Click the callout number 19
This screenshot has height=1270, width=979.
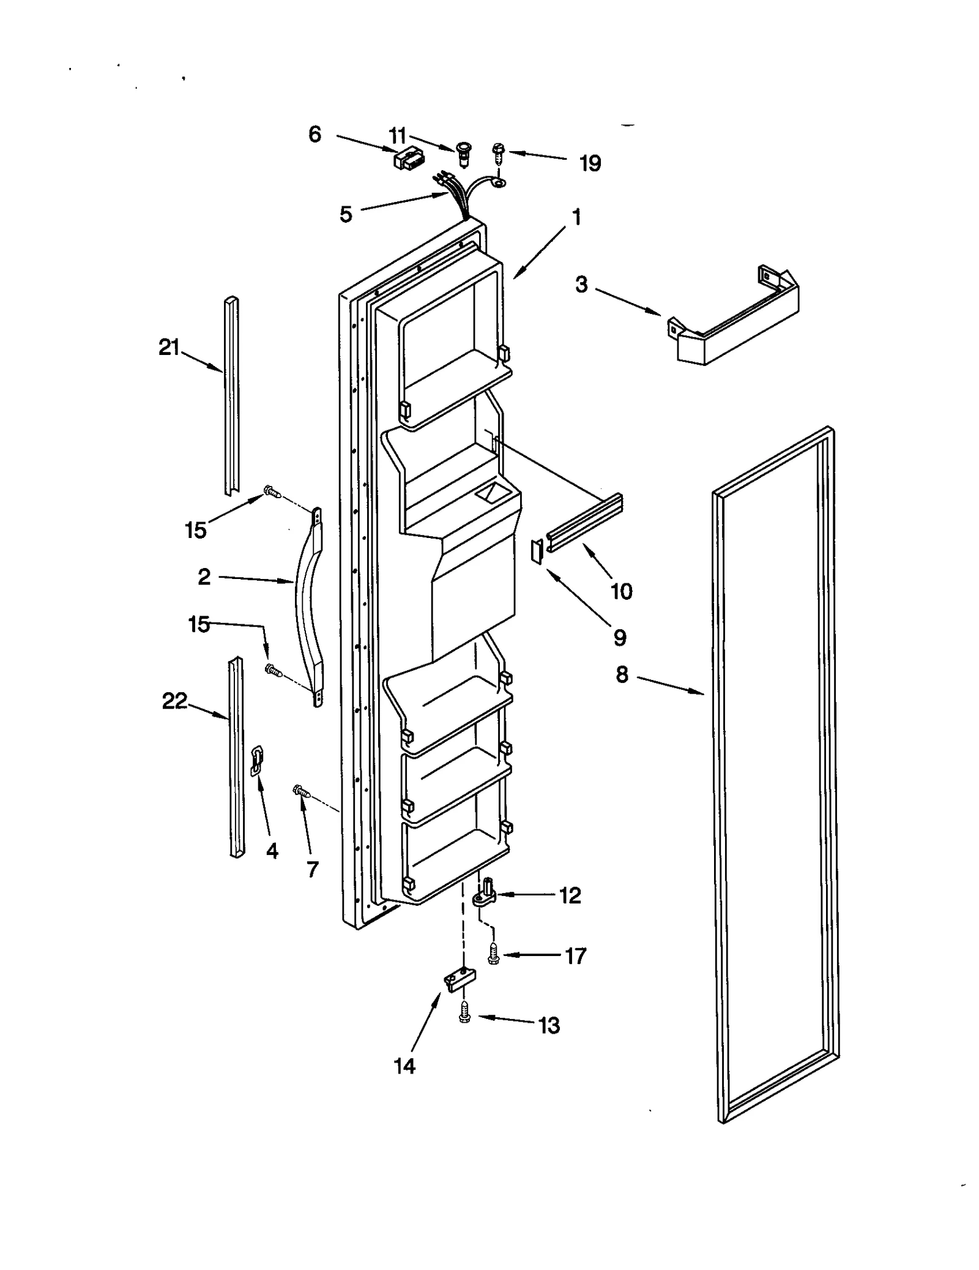coord(590,163)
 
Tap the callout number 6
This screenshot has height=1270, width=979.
coord(315,134)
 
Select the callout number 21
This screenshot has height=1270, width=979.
coord(169,348)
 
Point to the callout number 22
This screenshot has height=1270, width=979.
coord(174,701)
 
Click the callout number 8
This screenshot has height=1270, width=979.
coord(622,674)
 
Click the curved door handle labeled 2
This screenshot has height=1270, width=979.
coord(308,606)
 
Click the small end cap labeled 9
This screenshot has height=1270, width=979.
coord(537,551)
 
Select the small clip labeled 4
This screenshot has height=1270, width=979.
coord(257,760)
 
